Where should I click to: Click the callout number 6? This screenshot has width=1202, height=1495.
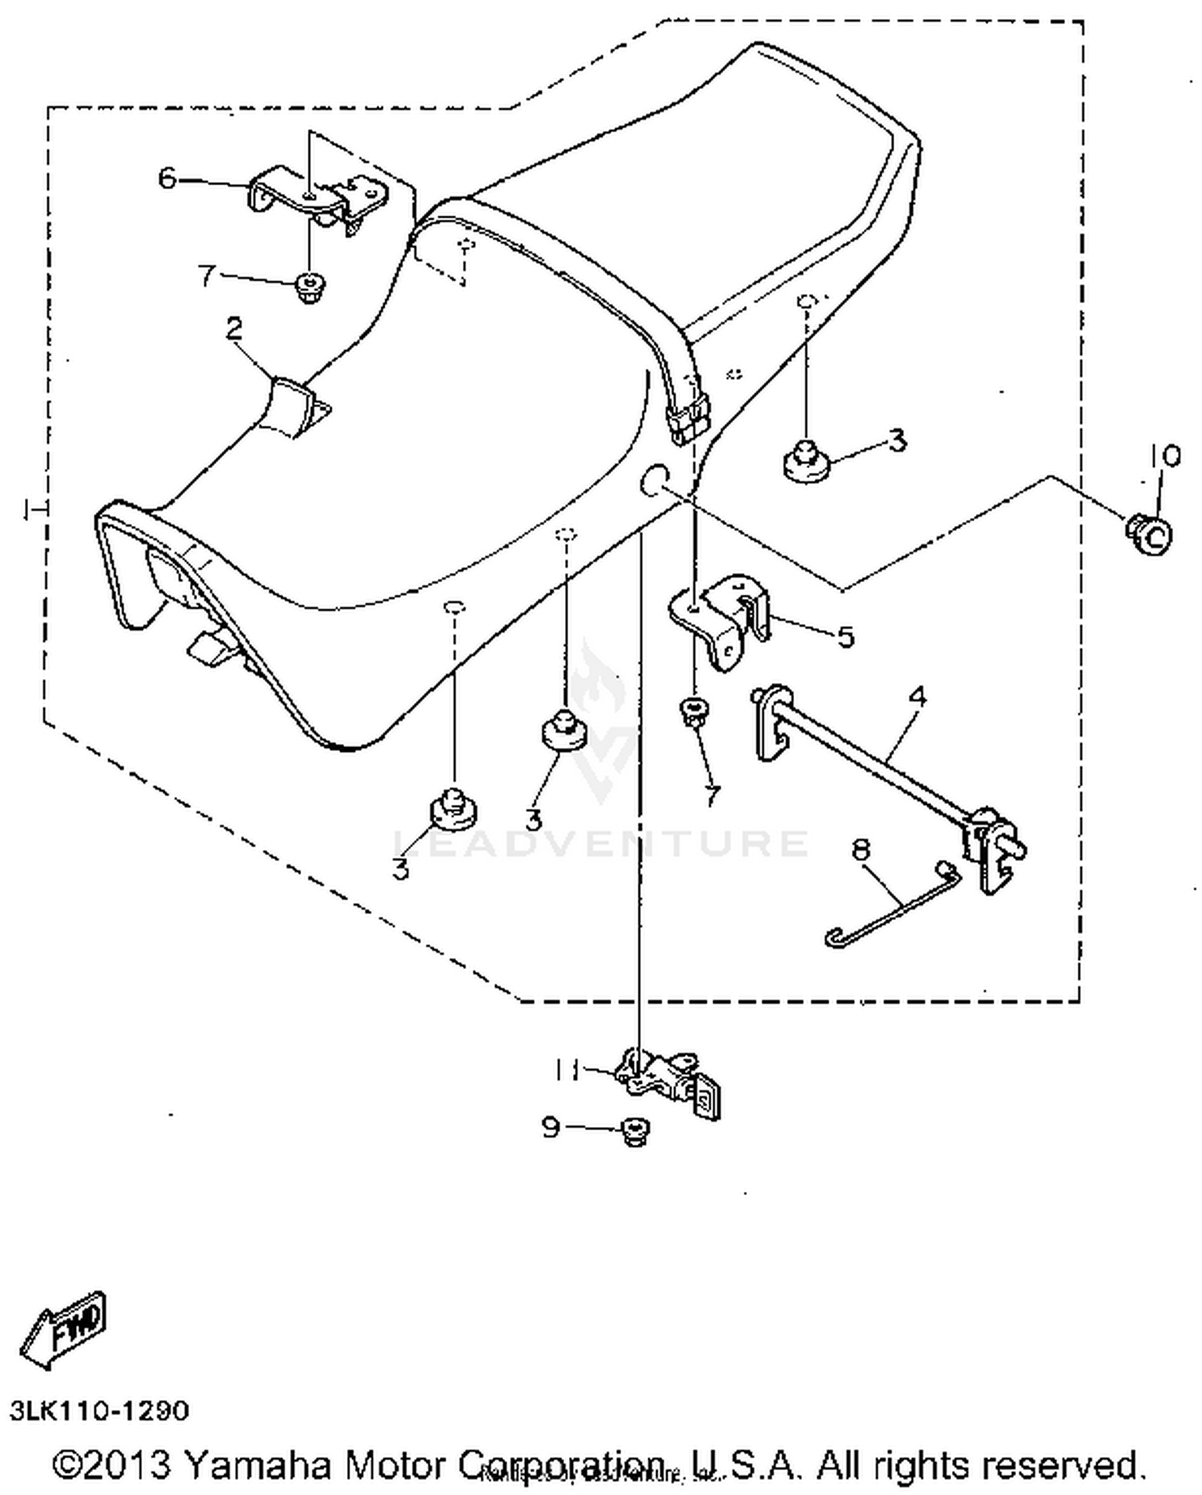coord(167,178)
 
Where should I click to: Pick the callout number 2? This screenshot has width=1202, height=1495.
coord(234,329)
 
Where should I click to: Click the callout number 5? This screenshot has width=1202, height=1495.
coord(845,636)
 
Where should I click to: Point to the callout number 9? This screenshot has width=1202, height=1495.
coord(551,1127)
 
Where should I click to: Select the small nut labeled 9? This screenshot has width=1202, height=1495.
coord(635,1132)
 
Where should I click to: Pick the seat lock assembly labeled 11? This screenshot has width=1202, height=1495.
coord(669,1078)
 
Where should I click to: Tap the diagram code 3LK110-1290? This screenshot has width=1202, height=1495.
coord(99,1411)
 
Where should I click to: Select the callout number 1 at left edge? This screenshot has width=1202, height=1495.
coord(30,508)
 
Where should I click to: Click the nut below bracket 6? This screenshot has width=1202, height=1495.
coord(306,286)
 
